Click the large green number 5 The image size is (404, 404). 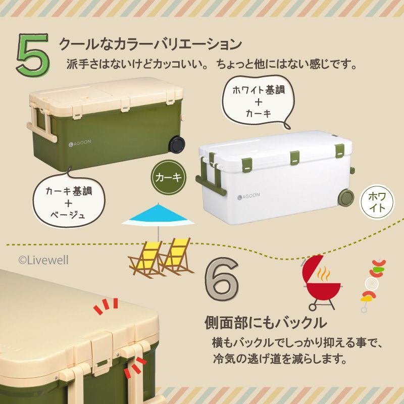(33, 55)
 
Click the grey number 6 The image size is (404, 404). (222, 279)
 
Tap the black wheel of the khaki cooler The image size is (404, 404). (177, 144)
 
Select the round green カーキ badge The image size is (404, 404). (169, 177)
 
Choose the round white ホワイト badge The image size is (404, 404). (377, 201)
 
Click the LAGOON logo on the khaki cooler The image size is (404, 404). (80, 143)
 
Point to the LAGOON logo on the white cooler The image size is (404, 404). (248, 196)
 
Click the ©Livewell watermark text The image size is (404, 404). (43, 260)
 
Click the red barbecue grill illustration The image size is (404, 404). (322, 283)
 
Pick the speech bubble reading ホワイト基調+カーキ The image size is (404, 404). (259, 102)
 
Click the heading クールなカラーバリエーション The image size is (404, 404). (150, 44)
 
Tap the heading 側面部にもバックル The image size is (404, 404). (266, 323)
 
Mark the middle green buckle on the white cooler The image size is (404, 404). (295, 158)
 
